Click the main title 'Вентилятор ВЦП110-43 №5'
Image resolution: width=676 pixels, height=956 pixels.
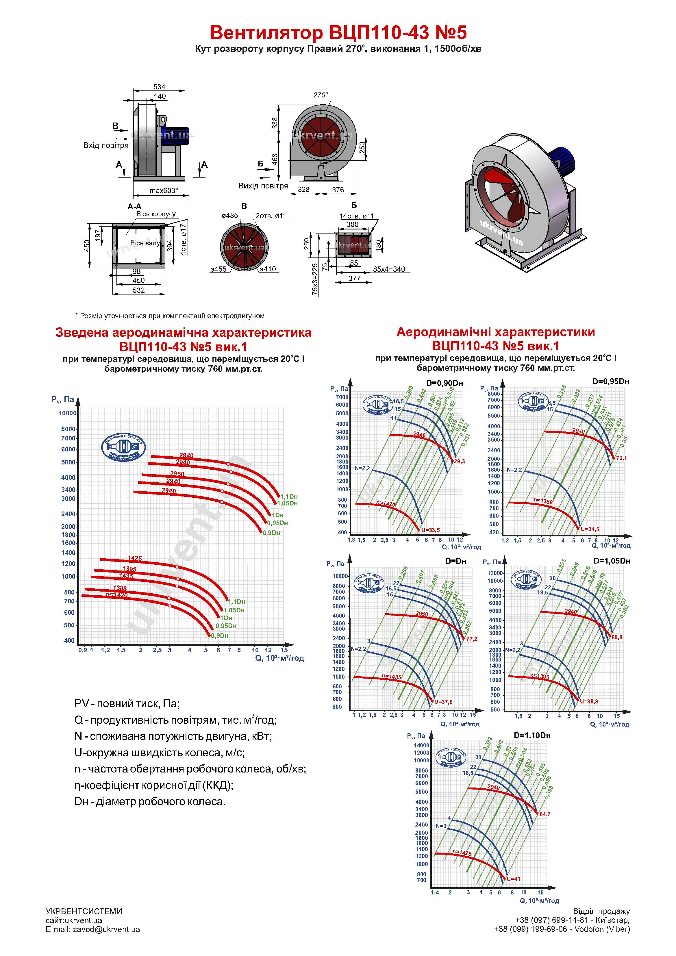[x=338, y=32]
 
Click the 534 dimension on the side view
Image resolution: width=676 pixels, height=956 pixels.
[x=159, y=87]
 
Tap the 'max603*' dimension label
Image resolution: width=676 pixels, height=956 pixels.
[x=164, y=191]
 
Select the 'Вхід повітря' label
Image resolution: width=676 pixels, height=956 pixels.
[x=106, y=145]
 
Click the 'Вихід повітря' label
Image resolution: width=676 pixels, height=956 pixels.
[x=263, y=186]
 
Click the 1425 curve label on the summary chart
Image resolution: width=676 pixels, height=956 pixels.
[x=134, y=558]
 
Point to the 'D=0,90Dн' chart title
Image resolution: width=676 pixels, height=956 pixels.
[x=445, y=383]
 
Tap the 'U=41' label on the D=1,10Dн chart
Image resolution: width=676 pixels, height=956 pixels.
[x=514, y=879]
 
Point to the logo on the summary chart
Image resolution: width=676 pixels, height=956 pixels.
[x=123, y=447]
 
